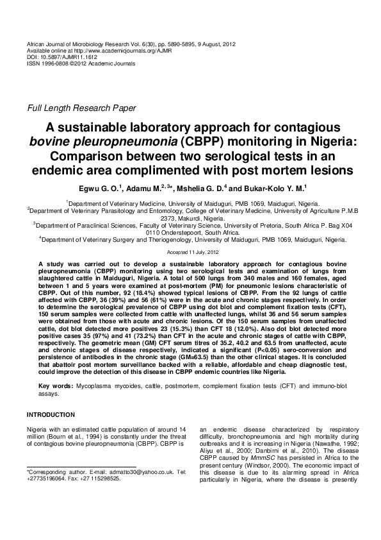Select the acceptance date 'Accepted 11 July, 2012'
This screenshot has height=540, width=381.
(x=190, y=253)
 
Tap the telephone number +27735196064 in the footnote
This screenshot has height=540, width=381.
(x=47, y=478)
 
